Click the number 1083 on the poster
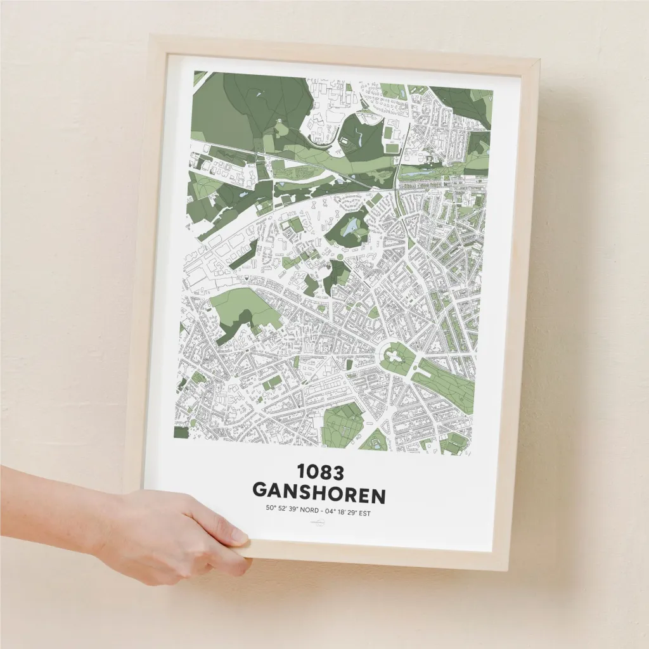(319, 472)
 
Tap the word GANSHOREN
(319, 492)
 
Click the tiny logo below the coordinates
(316, 523)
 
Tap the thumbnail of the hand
(238, 537)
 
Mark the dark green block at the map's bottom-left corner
(181, 433)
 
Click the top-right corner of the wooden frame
(539, 61)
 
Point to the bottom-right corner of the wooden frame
(509, 570)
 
